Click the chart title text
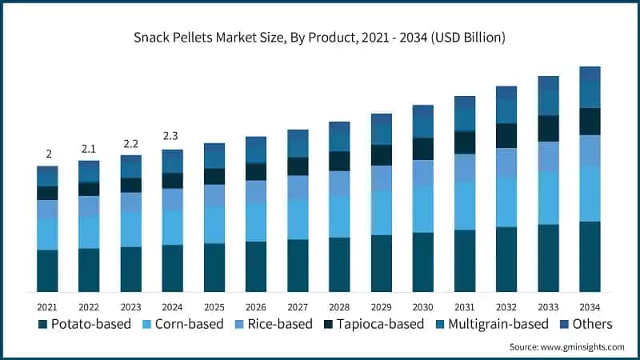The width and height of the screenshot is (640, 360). click(x=320, y=38)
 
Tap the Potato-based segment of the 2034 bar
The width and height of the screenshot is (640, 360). click(x=590, y=256)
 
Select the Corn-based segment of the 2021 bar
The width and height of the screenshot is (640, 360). click(x=47, y=234)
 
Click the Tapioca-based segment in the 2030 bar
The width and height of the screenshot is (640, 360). click(x=422, y=149)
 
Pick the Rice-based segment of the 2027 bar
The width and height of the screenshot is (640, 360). click(x=298, y=186)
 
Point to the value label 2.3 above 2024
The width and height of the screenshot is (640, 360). click(x=172, y=136)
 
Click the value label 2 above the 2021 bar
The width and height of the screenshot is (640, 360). click(x=47, y=154)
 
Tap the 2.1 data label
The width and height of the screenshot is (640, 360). click(x=89, y=148)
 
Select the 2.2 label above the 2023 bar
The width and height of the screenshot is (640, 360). click(x=130, y=143)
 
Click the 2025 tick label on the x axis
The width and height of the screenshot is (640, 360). click(x=214, y=306)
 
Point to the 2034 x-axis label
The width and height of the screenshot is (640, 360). click(x=590, y=306)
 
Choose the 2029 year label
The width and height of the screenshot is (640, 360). click(x=381, y=306)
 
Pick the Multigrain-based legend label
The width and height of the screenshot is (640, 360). click(x=496, y=324)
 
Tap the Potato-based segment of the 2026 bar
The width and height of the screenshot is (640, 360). click(x=256, y=266)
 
